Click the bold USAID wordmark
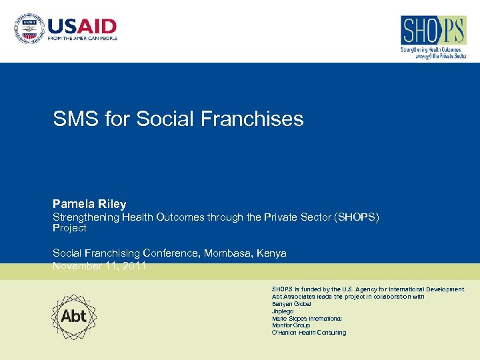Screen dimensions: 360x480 [81, 27]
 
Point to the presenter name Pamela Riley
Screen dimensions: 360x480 [89, 204]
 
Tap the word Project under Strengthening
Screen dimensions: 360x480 [69, 228]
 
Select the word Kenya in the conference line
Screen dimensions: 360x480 [271, 253]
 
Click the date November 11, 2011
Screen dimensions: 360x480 [99, 266]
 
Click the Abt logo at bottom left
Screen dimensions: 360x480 [74, 316]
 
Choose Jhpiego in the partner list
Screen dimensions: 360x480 [282, 311]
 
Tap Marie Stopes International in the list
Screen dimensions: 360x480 [307, 319]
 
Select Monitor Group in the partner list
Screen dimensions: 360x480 [291, 325]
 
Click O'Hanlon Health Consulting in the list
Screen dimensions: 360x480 [309, 333]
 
